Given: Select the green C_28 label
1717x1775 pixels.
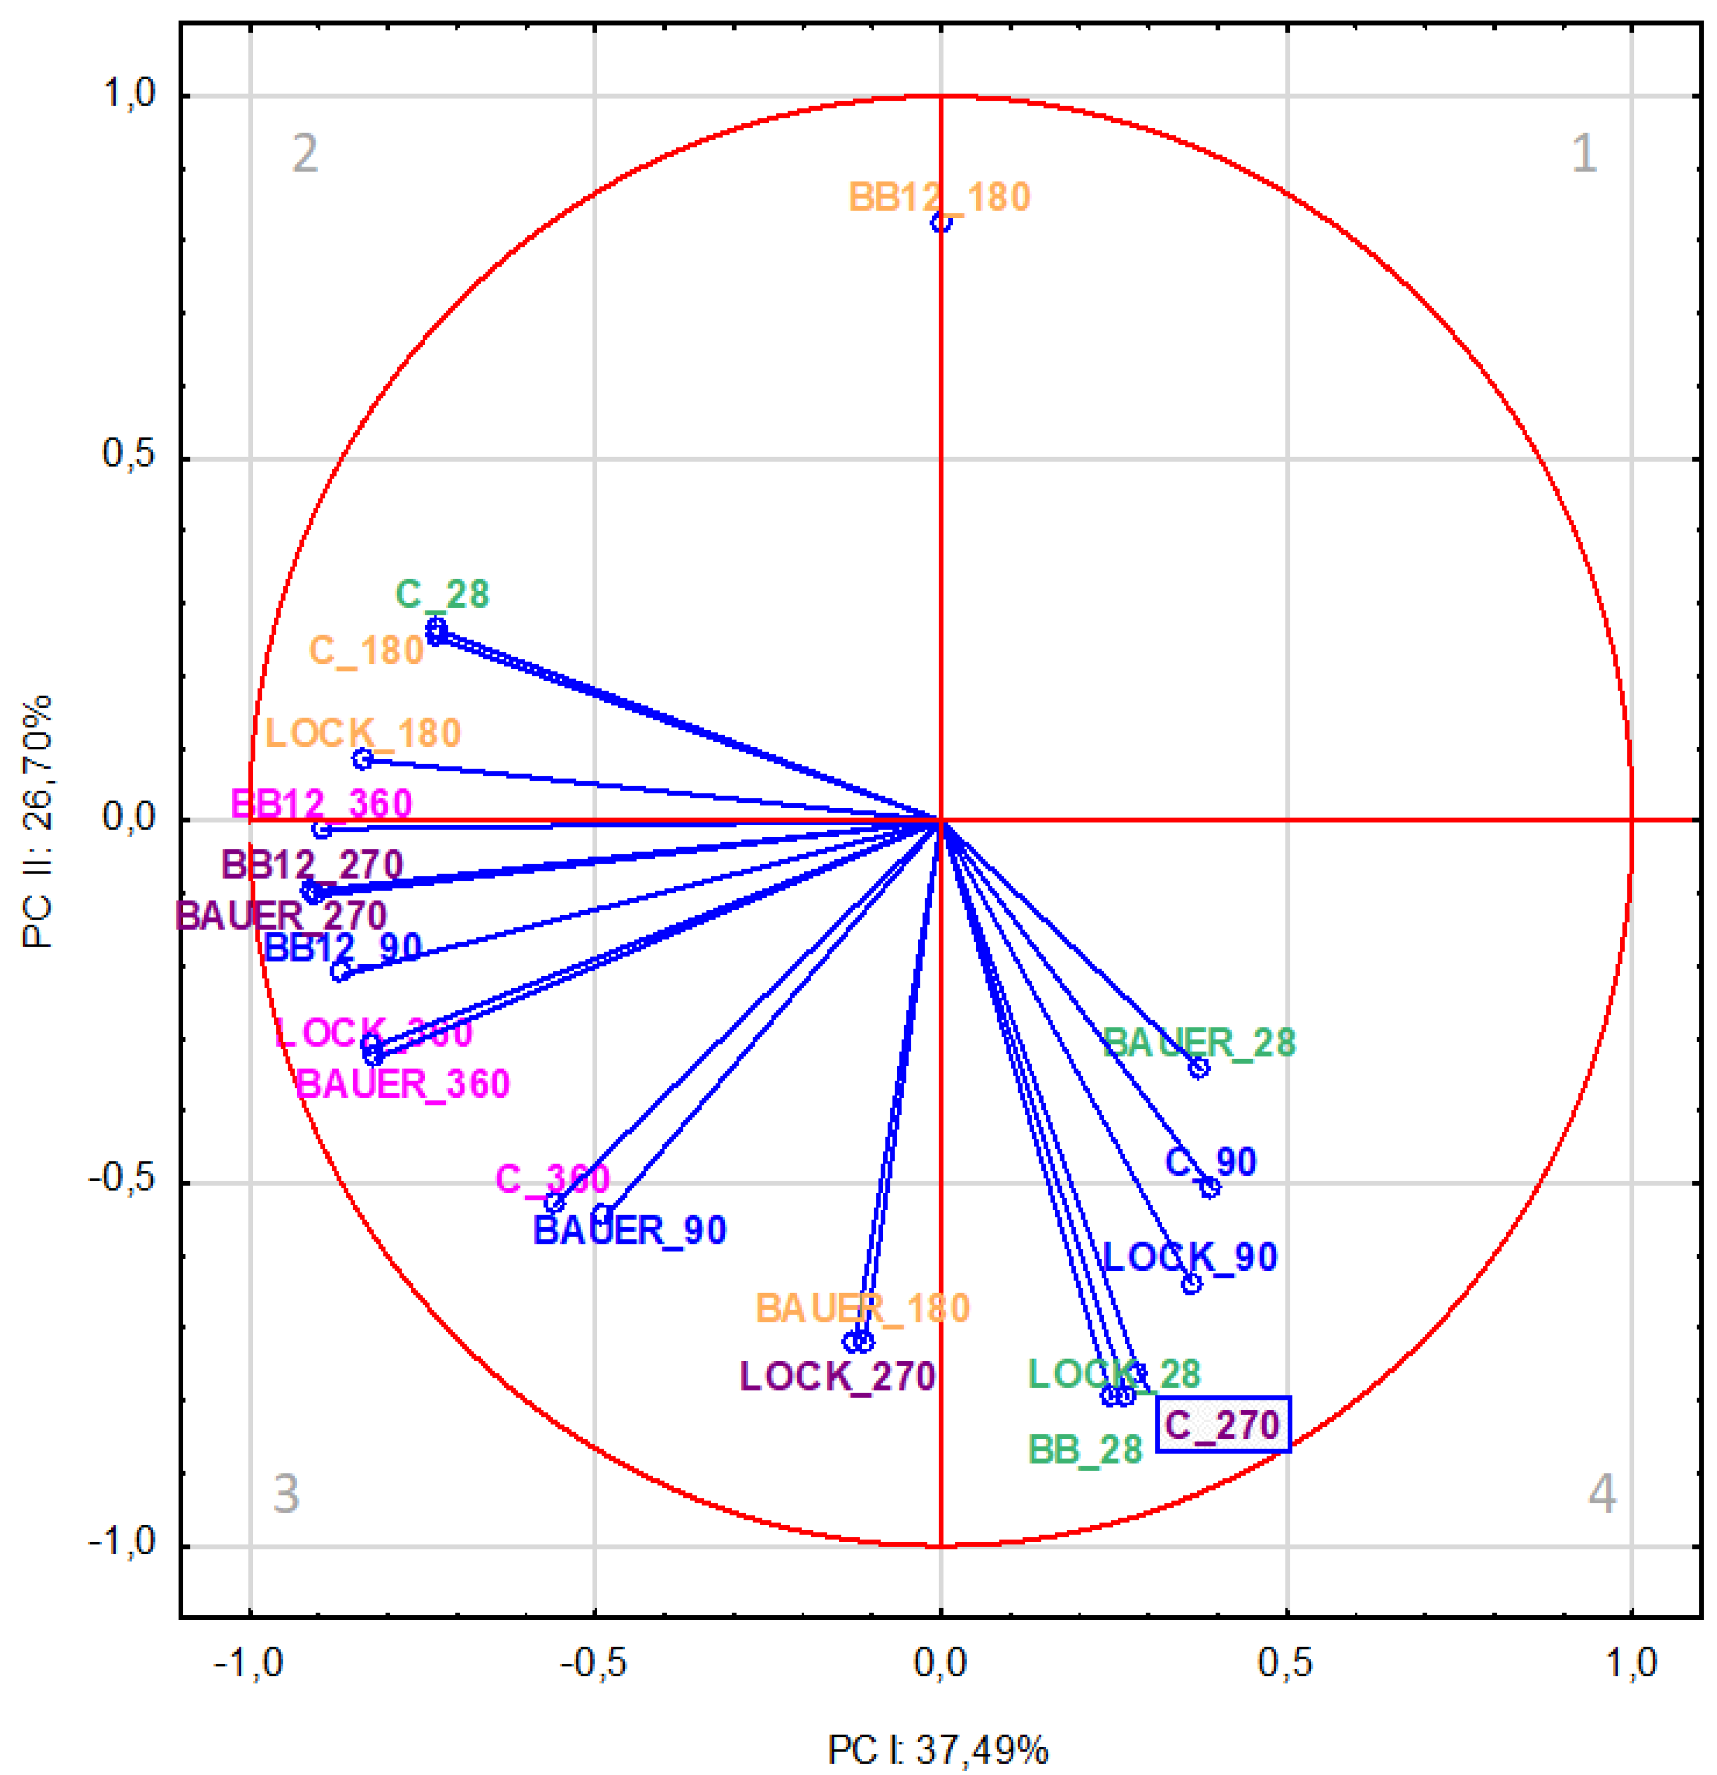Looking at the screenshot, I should point(442,595).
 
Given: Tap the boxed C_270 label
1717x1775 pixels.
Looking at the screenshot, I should point(1222,1425).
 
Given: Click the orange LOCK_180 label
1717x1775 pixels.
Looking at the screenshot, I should point(362,733).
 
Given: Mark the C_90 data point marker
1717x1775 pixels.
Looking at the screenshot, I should point(1210,1187).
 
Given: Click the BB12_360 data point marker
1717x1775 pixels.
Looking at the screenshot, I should point(320,829).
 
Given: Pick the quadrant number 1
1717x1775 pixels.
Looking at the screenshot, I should point(1583,153).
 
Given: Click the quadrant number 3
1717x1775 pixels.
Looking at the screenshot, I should point(286,1493).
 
